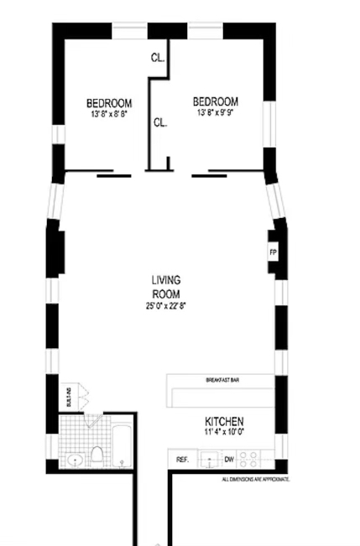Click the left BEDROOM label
tap(109, 103)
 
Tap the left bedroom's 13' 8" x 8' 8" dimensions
tap(109, 114)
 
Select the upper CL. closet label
tap(157, 58)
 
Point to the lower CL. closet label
tap(159, 122)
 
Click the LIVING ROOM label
tap(166, 287)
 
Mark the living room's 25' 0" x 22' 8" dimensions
tap(166, 306)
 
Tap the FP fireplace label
tap(273, 252)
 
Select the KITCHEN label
tap(224, 421)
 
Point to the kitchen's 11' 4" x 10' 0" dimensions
tap(224, 434)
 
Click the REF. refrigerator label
tap(182, 460)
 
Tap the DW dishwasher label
tap(228, 460)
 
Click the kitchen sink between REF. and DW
tap(206, 459)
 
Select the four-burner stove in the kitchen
tap(249, 459)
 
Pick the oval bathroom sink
tap(76, 460)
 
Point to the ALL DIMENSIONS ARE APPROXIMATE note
tap(255, 479)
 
